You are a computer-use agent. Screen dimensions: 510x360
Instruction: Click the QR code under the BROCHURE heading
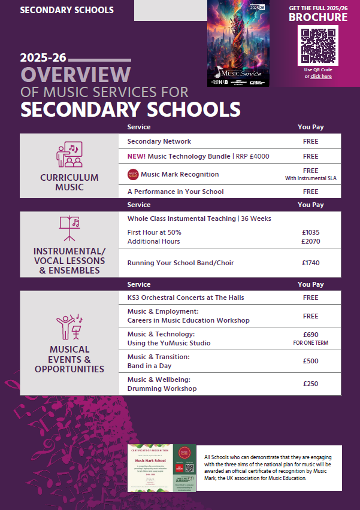tap(317, 46)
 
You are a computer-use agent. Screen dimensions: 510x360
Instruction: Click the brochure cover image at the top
tap(238, 43)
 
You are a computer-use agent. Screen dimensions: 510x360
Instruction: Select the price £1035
tap(310, 232)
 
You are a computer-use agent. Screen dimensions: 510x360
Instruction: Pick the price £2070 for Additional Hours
tap(310, 242)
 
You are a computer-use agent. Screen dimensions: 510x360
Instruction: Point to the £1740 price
tap(310, 263)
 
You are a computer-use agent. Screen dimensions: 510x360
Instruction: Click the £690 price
tap(310, 335)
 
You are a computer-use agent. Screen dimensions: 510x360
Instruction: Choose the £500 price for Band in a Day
tap(310, 361)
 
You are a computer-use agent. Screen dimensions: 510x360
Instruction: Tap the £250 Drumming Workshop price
tap(310, 384)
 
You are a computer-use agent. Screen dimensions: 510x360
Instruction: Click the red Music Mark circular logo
tap(133, 175)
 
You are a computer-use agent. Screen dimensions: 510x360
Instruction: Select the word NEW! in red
tap(138, 157)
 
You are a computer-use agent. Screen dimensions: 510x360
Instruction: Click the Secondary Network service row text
tap(159, 142)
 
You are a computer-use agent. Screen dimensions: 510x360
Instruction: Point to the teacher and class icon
tap(68, 155)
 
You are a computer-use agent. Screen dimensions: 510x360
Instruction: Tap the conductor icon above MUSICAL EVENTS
tap(69, 326)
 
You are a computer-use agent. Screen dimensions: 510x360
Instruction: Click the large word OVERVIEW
tap(75, 74)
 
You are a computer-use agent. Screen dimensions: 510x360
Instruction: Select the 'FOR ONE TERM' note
tap(310, 344)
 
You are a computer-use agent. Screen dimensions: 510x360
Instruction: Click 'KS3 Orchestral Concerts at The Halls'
tap(186, 298)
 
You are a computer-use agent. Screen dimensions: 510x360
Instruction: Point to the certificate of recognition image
tap(162, 469)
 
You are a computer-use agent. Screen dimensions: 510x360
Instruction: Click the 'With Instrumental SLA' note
tap(310, 178)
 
